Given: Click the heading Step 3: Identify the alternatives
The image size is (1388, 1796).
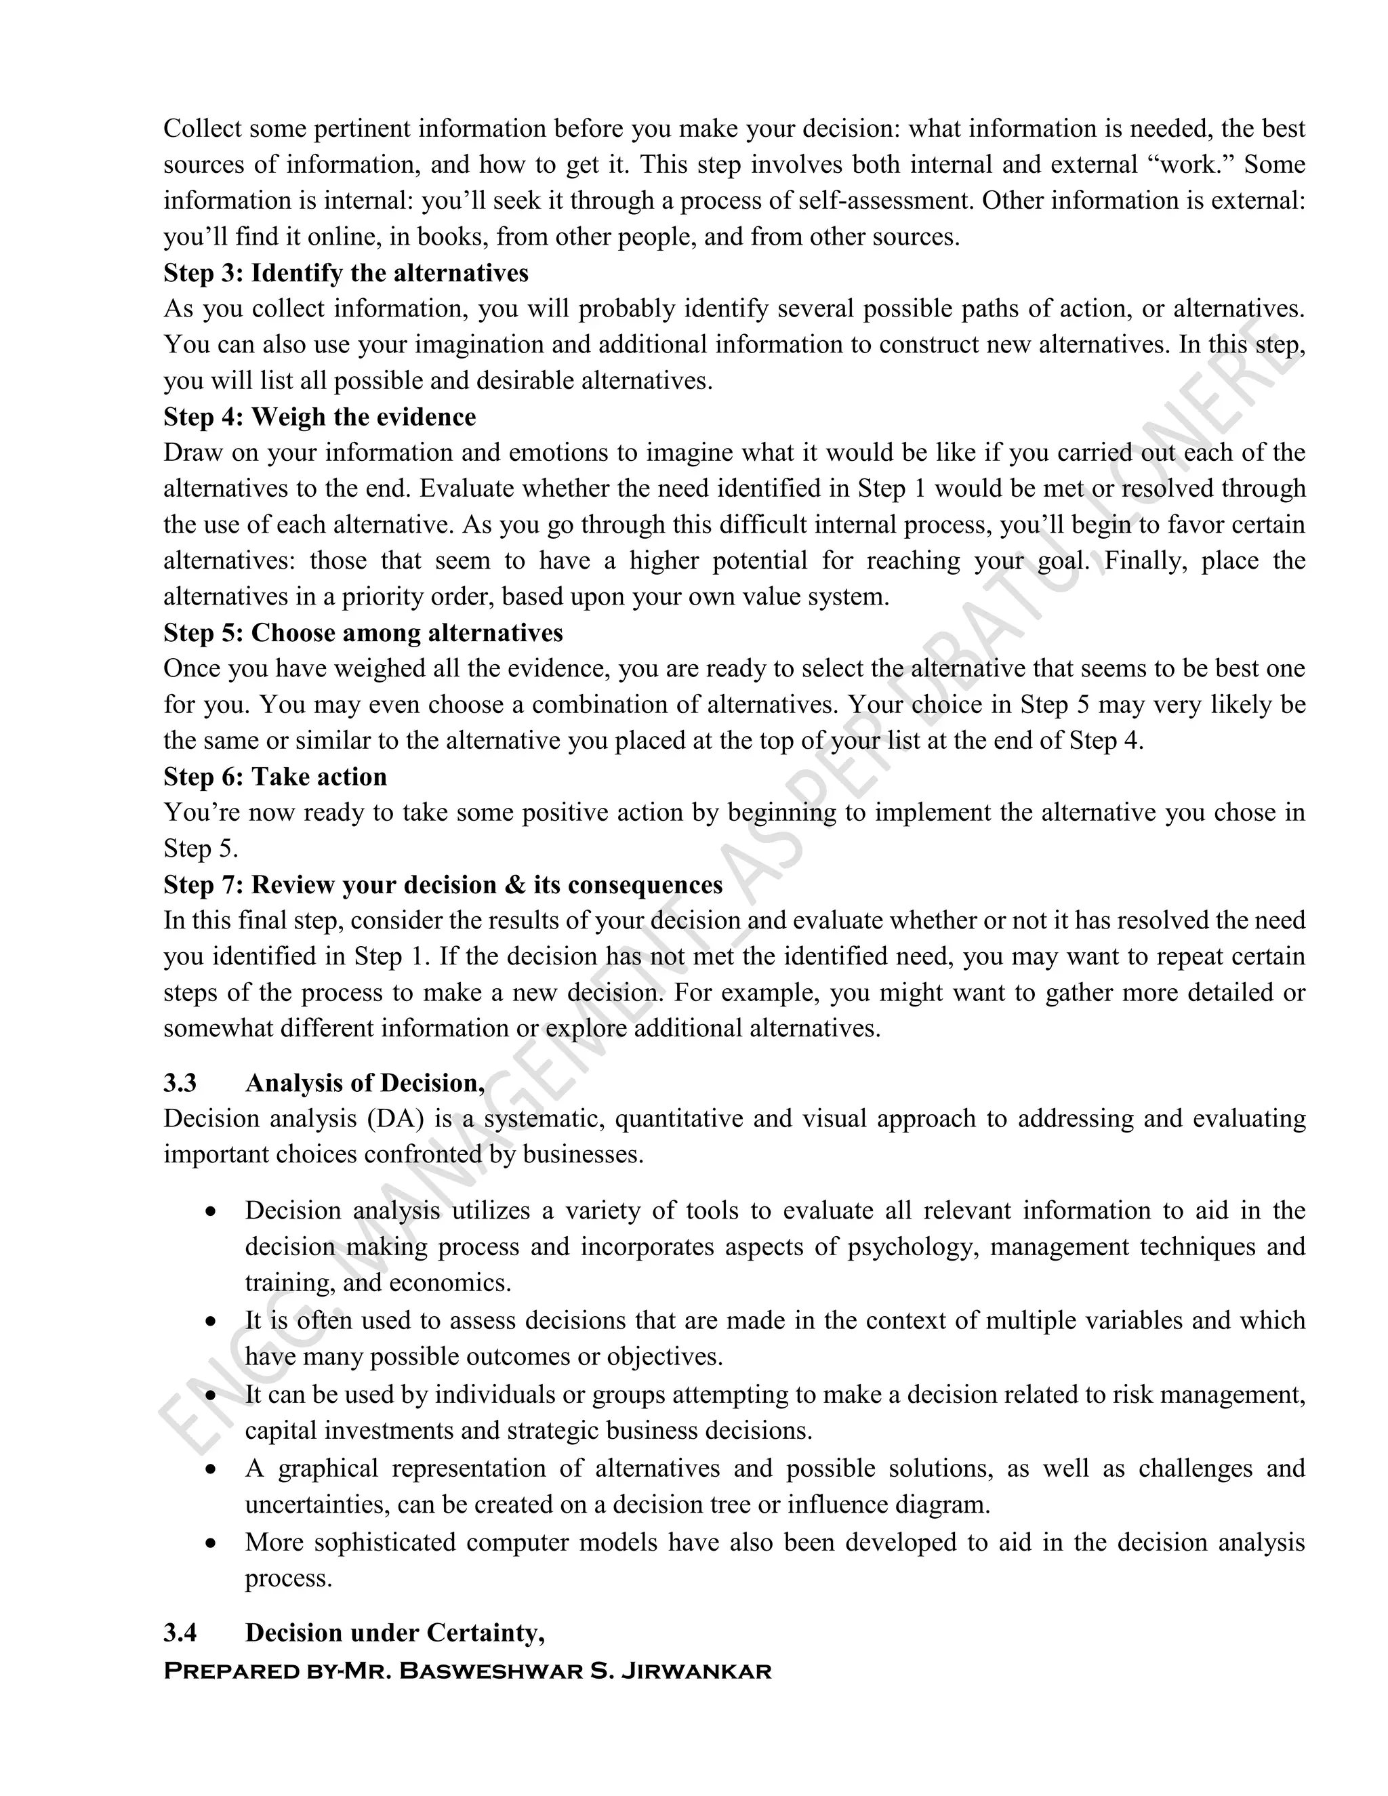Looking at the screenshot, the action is [346, 273].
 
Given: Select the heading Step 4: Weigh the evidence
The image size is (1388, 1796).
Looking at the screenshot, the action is [319, 417].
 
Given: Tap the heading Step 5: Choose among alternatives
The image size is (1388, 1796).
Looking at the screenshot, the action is [363, 632].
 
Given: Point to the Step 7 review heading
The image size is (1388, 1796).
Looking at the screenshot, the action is [443, 885].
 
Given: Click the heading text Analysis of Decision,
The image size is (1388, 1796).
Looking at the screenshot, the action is [364, 1083].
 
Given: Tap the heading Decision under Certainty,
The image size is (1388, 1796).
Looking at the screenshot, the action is [394, 1633].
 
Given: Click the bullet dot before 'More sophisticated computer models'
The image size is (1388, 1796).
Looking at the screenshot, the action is [211, 1543].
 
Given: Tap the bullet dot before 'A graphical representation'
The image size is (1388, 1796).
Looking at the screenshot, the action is [211, 1469].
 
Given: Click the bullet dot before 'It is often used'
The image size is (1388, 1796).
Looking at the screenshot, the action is [211, 1322].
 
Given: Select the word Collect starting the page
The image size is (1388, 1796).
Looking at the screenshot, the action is [202, 129].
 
